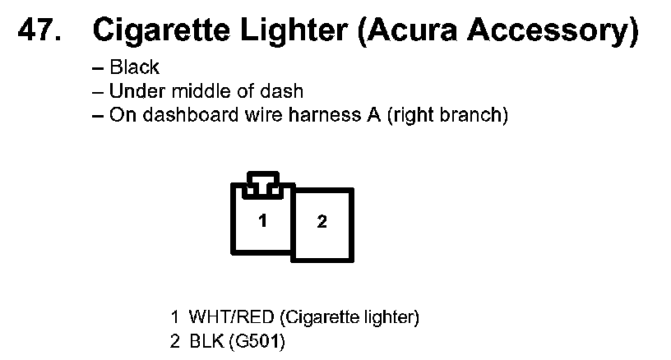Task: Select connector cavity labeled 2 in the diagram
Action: [x=322, y=223]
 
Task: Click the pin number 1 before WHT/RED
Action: [x=174, y=316]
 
